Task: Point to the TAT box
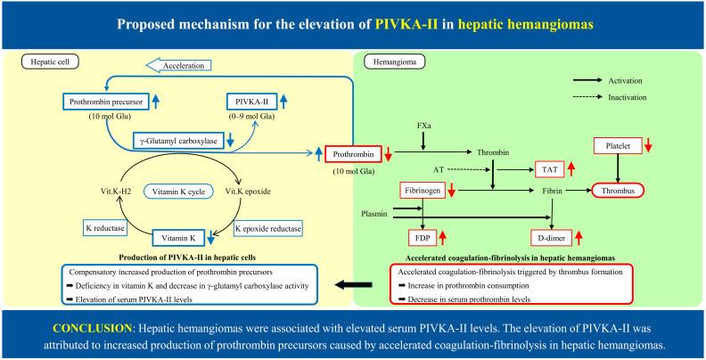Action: click(x=546, y=168)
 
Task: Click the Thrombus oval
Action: click(x=617, y=190)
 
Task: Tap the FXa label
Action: click(x=424, y=125)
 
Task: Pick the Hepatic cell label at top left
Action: click(x=45, y=63)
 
